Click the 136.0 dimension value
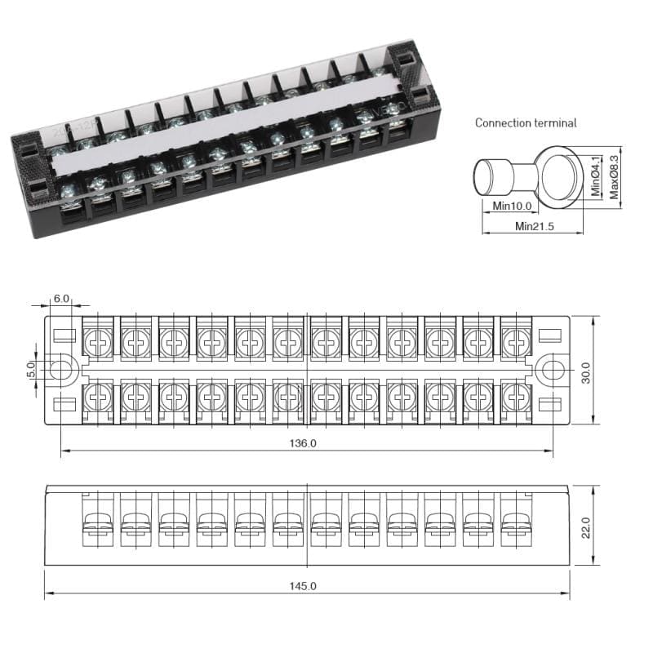[x=303, y=443]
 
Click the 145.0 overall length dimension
[x=303, y=586]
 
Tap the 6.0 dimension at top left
[x=61, y=299]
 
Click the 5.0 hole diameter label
[x=31, y=371]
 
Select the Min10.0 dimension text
[x=512, y=207]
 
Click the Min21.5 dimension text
[x=535, y=226]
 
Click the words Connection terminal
[x=526, y=123]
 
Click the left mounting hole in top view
[x=60, y=370]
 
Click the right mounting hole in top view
[x=553, y=370]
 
